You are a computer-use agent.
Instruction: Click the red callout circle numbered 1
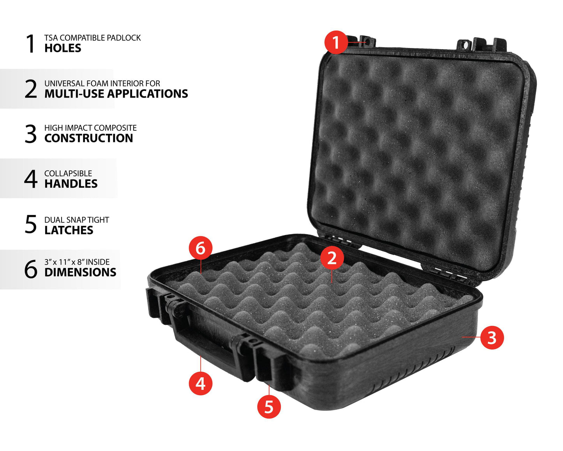click(336, 42)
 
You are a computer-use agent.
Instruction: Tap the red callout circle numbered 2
click(332, 258)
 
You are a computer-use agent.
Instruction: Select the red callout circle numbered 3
click(492, 337)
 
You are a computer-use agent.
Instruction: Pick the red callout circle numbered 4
click(201, 384)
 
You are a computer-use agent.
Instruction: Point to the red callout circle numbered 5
click(269, 407)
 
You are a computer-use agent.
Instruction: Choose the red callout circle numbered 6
click(201, 248)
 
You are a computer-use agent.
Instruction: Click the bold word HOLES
click(63, 48)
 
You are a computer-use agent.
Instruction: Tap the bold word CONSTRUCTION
click(89, 138)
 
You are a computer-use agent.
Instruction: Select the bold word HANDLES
click(71, 184)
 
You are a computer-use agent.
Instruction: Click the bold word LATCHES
click(69, 230)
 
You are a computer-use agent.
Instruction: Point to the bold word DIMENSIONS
click(80, 272)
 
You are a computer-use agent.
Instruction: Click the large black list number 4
click(31, 179)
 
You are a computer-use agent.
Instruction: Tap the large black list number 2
click(31, 89)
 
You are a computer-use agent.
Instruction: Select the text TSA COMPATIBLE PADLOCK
click(93, 38)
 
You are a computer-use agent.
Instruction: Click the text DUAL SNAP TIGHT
click(77, 220)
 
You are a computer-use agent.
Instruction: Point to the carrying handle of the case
click(209, 343)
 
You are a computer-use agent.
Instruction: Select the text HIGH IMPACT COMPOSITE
click(90, 128)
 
